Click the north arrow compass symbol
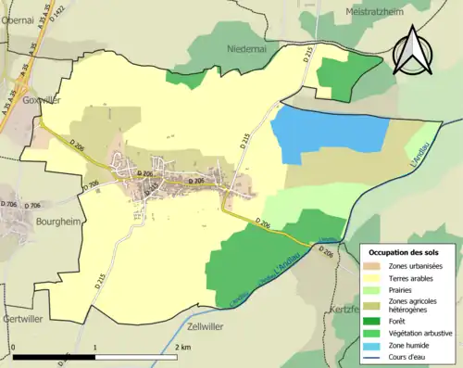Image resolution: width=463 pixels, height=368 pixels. (414, 51)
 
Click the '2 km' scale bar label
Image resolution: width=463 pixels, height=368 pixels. (183, 347)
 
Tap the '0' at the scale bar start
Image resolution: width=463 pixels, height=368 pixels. (14, 347)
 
